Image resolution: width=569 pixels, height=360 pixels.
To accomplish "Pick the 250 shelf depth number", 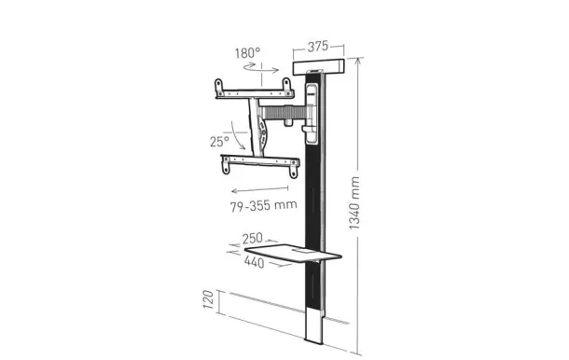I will [253, 240].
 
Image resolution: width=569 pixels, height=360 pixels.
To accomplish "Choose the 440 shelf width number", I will [253, 262].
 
